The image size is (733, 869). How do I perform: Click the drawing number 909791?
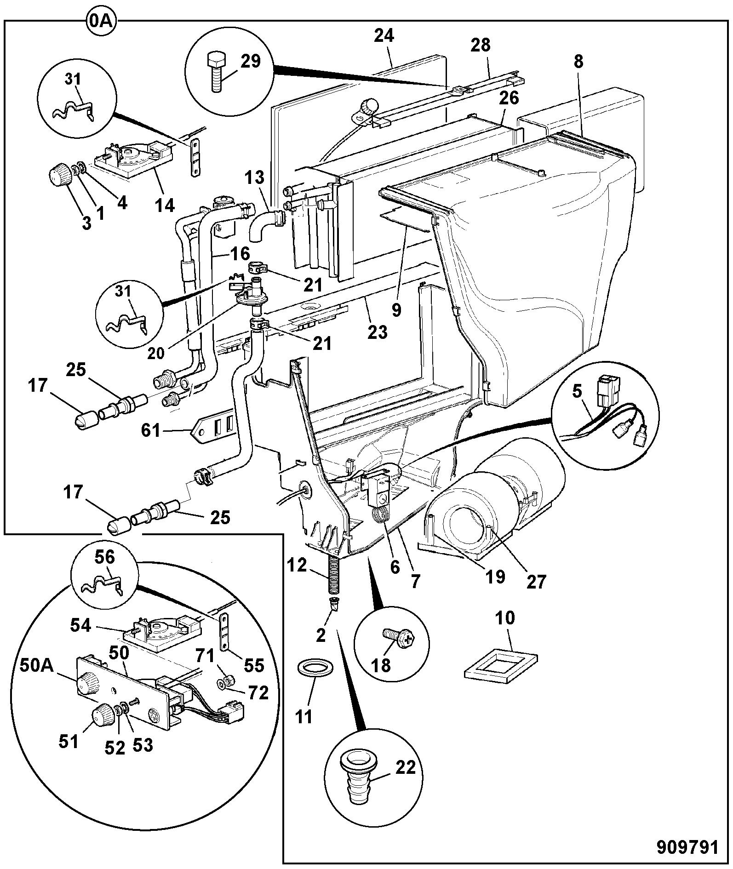[687, 846]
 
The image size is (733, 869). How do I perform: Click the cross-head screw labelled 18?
[397, 637]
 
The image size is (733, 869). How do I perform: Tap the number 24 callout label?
[384, 35]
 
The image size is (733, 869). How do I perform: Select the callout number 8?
[578, 62]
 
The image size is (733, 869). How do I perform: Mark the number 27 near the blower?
[536, 582]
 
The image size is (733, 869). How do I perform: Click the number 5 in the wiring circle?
[577, 391]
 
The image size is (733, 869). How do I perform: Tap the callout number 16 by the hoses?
[240, 253]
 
